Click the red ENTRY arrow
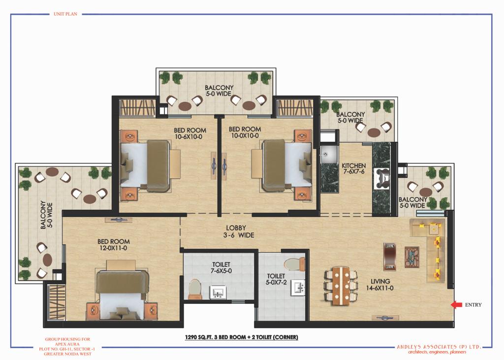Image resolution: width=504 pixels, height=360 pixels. (456, 305)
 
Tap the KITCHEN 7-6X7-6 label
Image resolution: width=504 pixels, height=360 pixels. (353, 168)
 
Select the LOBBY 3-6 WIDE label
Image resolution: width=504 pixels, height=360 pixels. (239, 231)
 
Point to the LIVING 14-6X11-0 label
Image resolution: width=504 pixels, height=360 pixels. (379, 285)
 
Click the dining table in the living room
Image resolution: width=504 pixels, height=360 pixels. (341, 286)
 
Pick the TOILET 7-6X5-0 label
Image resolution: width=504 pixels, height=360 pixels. (221, 268)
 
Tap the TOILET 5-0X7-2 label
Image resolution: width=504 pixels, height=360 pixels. (276, 279)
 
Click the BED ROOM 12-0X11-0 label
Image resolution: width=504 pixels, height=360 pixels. (114, 245)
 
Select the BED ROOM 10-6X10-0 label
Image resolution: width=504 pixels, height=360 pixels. (190, 133)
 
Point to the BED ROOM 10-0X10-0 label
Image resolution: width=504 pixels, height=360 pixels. (245, 132)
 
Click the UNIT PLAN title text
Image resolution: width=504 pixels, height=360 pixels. (65, 14)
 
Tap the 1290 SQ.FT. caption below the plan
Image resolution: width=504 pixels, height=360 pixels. (241, 337)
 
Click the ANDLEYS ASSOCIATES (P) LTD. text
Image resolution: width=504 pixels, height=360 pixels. (439, 347)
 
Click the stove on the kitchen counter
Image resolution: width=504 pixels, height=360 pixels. (382, 178)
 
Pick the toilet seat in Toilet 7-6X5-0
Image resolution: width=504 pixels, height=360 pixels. (195, 288)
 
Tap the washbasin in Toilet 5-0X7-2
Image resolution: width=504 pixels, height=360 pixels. (298, 287)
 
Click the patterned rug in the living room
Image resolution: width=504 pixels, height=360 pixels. (412, 257)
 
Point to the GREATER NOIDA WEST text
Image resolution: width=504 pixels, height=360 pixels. (68, 354)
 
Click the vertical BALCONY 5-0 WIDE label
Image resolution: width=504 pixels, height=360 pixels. (46, 215)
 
